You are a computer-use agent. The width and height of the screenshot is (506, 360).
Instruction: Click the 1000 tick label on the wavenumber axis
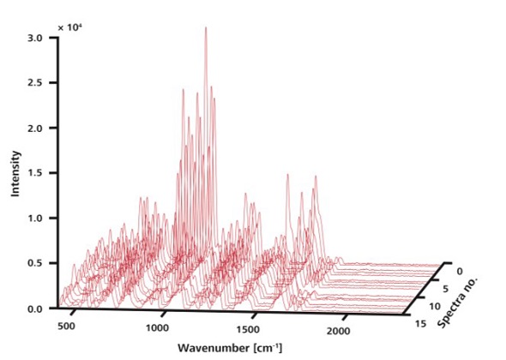pos(158,329)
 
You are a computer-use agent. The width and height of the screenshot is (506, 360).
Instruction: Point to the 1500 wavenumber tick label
pos(249,329)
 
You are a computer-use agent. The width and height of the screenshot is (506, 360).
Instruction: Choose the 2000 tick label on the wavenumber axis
pos(339,329)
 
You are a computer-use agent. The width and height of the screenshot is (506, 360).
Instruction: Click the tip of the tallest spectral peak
pos(206,27)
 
